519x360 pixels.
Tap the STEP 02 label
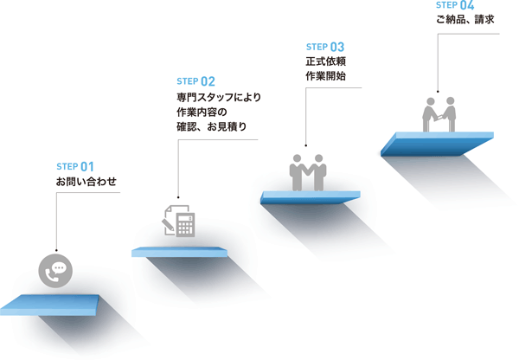click(195, 81)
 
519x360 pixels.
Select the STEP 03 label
click(325, 46)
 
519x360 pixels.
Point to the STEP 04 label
click(454, 5)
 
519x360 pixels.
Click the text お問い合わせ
click(86, 182)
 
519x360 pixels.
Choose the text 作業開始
click(326, 76)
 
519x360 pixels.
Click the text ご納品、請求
click(466, 19)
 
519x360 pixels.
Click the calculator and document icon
click(178, 221)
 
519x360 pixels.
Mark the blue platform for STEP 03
click(309, 198)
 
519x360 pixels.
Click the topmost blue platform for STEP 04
click(438, 143)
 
